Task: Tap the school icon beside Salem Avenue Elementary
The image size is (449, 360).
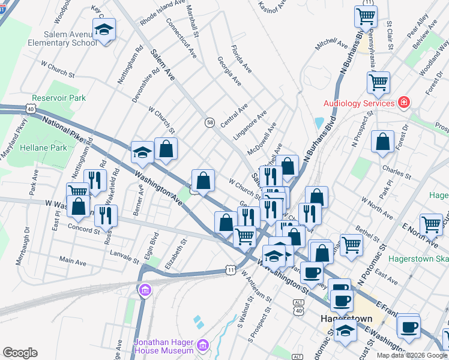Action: pos(104,30)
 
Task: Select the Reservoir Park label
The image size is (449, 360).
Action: pos(59,98)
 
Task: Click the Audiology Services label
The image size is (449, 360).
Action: pos(359,103)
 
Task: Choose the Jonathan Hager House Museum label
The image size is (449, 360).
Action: pos(163,345)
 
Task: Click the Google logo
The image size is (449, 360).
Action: pos(20,352)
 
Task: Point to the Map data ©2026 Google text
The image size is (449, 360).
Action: pos(412,355)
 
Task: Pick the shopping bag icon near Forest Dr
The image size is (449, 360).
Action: pos(382,142)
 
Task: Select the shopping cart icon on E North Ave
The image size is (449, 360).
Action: pos(431,224)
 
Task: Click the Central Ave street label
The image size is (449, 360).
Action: pos(234,115)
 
